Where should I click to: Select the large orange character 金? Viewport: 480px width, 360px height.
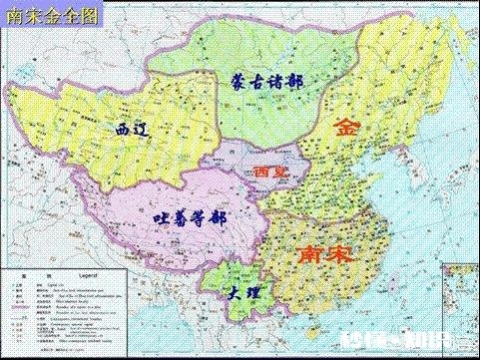point(346,127)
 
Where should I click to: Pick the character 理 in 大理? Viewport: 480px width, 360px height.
point(256,296)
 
